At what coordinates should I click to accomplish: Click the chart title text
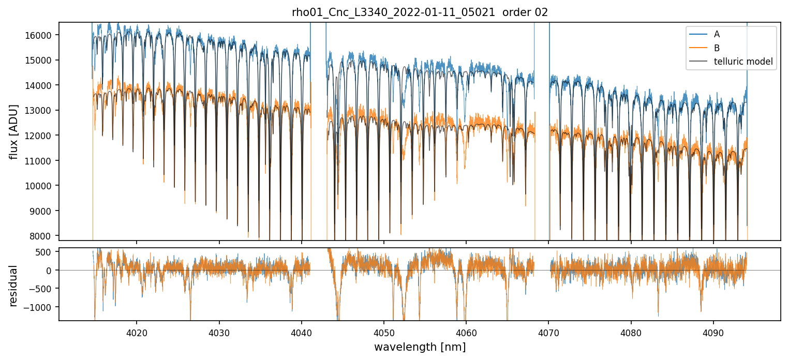(x=420, y=12)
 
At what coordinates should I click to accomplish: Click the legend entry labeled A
(x=717, y=34)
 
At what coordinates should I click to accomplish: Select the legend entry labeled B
(x=717, y=48)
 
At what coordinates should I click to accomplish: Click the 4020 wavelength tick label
(x=137, y=332)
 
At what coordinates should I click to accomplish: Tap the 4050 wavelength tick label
(x=384, y=332)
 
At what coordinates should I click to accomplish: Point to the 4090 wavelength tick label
(x=713, y=332)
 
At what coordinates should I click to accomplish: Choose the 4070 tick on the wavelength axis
(x=548, y=332)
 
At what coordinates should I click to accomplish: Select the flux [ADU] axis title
(x=14, y=131)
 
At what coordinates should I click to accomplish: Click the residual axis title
(x=14, y=286)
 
